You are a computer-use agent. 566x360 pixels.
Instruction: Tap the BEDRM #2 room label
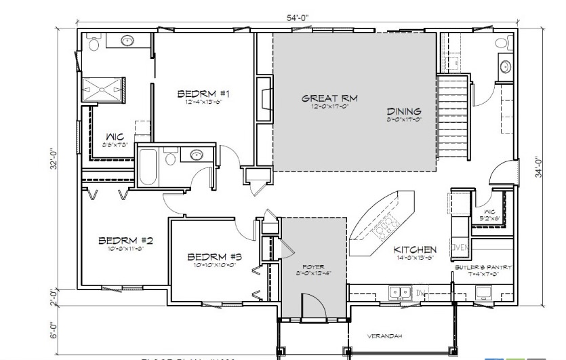click(125, 240)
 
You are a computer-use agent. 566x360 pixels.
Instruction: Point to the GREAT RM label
click(329, 98)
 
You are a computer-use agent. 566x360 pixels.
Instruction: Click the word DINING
click(404, 111)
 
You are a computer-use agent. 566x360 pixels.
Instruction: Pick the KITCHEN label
click(415, 250)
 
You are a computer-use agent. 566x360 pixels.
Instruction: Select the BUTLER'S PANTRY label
click(483, 267)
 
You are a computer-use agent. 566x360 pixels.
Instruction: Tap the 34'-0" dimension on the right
click(539, 167)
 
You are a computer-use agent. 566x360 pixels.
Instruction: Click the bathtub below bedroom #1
click(148, 167)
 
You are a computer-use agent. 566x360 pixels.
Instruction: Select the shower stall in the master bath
click(103, 89)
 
